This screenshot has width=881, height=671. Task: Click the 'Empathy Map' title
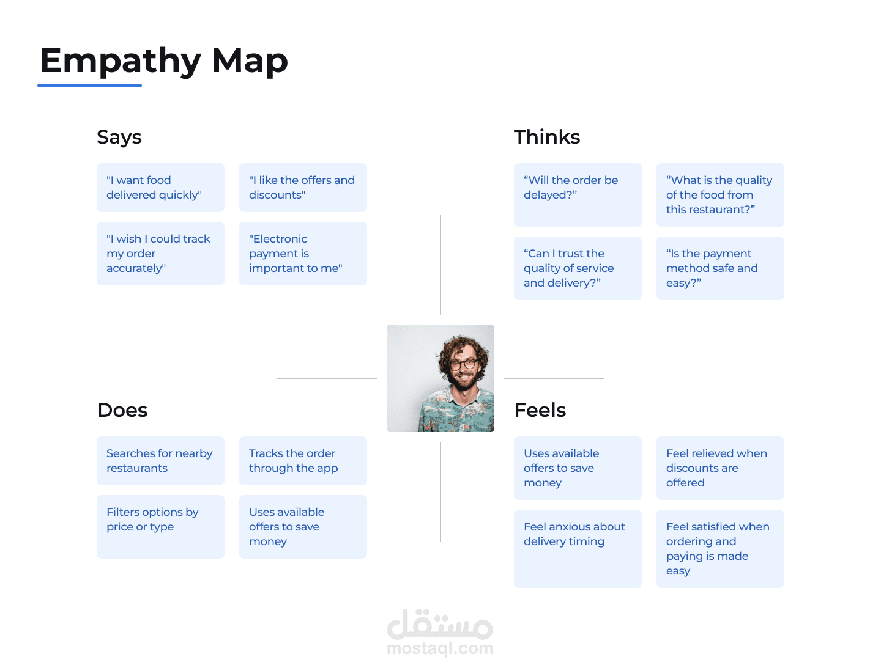coord(163,61)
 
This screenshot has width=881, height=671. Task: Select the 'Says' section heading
coord(119,137)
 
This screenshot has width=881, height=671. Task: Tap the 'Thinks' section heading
coord(547,137)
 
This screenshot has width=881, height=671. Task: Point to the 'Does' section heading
coord(122,410)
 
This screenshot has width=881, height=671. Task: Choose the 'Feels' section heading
coord(540,410)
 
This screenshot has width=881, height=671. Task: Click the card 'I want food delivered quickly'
coord(160,188)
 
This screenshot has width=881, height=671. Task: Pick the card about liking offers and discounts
coord(303,188)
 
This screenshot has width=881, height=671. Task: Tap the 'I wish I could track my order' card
coord(160,254)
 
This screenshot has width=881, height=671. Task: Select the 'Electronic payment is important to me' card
coord(303,254)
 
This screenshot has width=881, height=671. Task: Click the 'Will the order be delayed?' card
coord(578,195)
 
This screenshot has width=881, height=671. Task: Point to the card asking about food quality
coord(720,195)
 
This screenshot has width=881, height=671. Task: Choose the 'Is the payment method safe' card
coord(720,268)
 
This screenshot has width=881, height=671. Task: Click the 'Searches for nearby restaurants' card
coord(160,461)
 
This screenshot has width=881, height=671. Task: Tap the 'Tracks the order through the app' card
coord(303,461)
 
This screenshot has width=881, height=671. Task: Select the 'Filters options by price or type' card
coord(160,526)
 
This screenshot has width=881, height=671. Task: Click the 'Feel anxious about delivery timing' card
coord(578,548)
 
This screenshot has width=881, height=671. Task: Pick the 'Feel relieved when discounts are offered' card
coord(720,468)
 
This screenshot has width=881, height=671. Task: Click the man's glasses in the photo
coord(464,364)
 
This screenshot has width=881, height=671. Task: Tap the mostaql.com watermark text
coord(440,648)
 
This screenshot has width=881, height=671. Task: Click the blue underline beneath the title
coord(90,86)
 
